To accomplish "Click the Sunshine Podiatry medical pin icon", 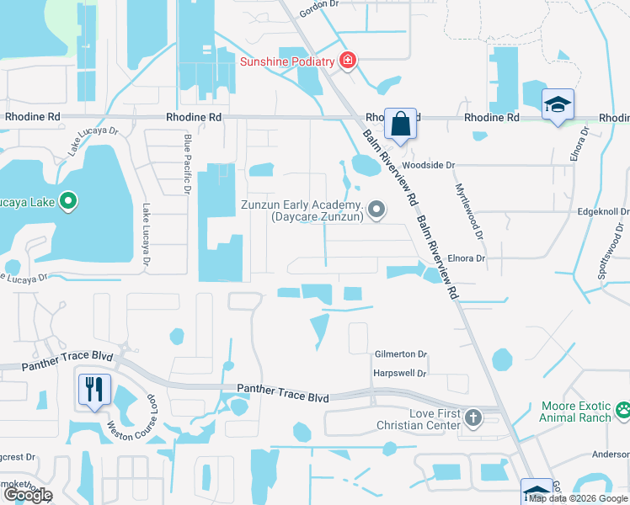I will (x=346, y=61).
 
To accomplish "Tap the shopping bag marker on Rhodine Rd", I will (x=401, y=123).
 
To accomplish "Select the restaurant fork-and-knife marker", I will (x=93, y=389).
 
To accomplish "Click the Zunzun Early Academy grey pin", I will (x=376, y=210).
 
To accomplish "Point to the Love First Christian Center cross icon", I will (x=473, y=417).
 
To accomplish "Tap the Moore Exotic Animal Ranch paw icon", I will (x=623, y=412).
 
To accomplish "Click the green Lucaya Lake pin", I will (x=69, y=202).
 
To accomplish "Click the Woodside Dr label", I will (x=428, y=166).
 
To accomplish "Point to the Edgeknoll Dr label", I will (x=603, y=212).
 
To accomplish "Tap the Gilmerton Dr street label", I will (x=401, y=355).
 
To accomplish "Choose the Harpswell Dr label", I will (x=400, y=373).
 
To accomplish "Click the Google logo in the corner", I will (x=27, y=495).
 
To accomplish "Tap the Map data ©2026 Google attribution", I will (x=579, y=498).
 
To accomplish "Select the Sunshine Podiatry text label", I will (x=287, y=61).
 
